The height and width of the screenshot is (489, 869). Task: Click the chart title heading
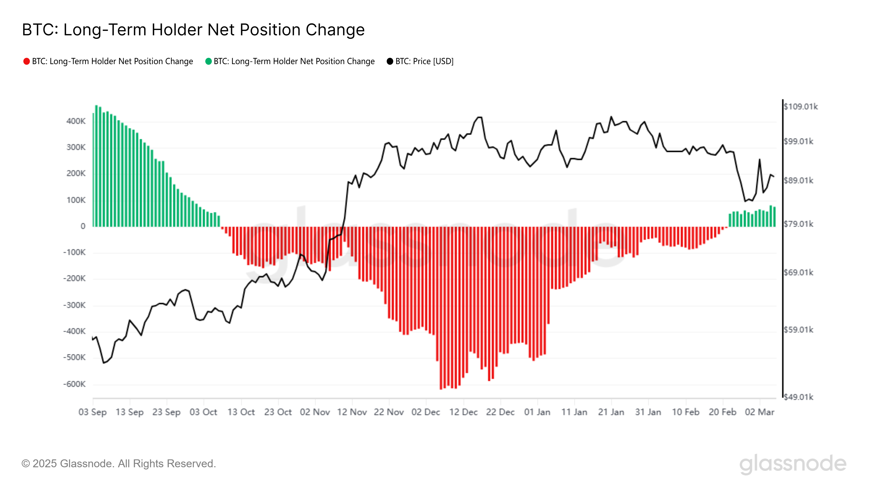pyautogui.click(x=193, y=30)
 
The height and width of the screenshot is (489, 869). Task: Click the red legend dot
pyautogui.click(x=26, y=61)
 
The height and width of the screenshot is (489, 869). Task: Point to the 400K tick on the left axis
pyautogui.click(x=76, y=121)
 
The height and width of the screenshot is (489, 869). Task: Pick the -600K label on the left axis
pyautogui.click(x=75, y=384)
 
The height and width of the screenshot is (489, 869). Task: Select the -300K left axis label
pyautogui.click(x=75, y=305)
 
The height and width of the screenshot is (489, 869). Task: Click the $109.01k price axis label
pyautogui.click(x=801, y=107)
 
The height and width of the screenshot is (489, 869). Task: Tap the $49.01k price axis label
pyautogui.click(x=798, y=397)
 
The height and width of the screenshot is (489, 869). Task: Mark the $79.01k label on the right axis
pyautogui.click(x=798, y=224)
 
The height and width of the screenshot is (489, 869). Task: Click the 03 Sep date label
pyautogui.click(x=92, y=412)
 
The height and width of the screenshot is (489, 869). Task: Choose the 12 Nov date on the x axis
pyautogui.click(x=352, y=412)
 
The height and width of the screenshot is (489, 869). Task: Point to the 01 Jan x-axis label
pyautogui.click(x=537, y=412)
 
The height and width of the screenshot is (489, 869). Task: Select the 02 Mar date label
pyautogui.click(x=759, y=412)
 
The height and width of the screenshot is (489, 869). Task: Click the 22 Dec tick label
pyautogui.click(x=500, y=412)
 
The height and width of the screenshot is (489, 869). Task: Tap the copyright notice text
pyautogui.click(x=118, y=464)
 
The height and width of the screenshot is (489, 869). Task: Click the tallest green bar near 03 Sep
pyautogui.click(x=96, y=165)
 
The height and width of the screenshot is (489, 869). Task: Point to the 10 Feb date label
pyautogui.click(x=685, y=412)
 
